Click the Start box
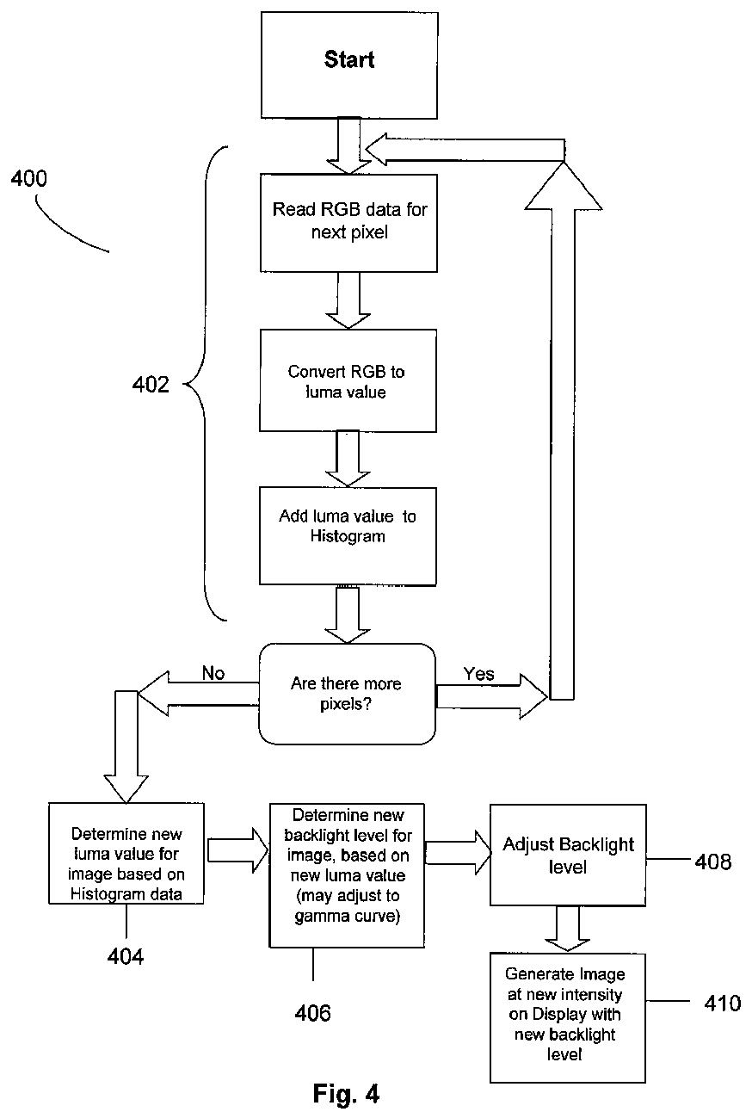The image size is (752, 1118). click(x=349, y=65)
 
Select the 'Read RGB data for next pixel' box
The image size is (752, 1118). click(x=348, y=223)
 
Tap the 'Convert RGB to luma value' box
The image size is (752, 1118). click(x=348, y=380)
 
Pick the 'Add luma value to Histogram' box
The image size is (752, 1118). click(x=348, y=536)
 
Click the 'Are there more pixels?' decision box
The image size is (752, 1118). click(x=347, y=694)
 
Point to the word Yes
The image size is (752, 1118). click(x=478, y=674)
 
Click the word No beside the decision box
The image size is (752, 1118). click(x=213, y=673)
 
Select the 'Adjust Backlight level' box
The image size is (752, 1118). click(x=568, y=855)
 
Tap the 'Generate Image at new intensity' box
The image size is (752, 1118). click(x=567, y=1018)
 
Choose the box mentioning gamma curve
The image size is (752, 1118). click(x=347, y=875)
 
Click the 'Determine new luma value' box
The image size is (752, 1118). click(x=126, y=854)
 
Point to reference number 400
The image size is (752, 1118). click(x=29, y=178)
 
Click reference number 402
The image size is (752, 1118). click(x=151, y=385)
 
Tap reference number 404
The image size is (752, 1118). click(x=126, y=957)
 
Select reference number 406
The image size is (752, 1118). click(x=313, y=1013)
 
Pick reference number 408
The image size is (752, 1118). click(x=713, y=862)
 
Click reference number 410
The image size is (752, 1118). click(x=723, y=1004)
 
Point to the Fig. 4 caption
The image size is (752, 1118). click(x=346, y=1094)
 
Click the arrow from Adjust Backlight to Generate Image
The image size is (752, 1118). click(x=567, y=929)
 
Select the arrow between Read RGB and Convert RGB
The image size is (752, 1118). click(x=348, y=300)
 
